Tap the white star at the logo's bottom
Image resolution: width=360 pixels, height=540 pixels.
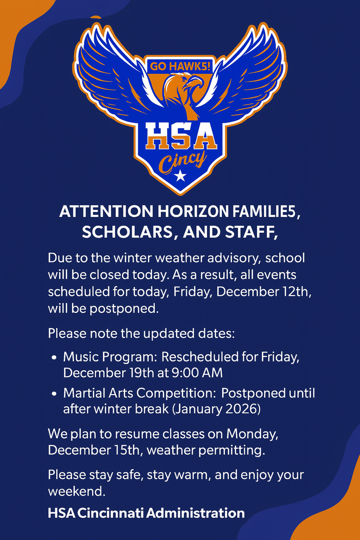coord(180,176)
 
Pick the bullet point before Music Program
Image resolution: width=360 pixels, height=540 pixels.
coord(54,358)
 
